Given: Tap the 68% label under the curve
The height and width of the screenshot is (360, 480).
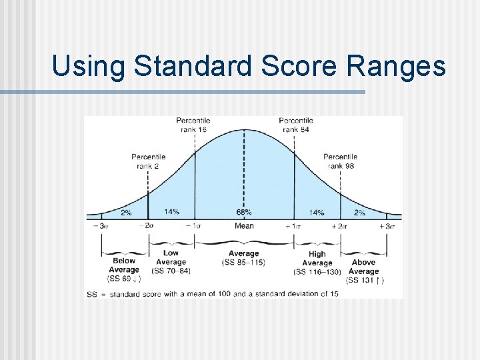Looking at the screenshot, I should click(x=244, y=212).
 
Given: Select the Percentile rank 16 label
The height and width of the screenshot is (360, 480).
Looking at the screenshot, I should click(x=194, y=125).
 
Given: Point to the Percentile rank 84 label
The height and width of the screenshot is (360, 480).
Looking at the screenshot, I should click(x=295, y=125).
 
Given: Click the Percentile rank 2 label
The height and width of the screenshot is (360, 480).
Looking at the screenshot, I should click(x=149, y=161).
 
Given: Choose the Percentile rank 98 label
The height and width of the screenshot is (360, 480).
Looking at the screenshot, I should click(x=340, y=161).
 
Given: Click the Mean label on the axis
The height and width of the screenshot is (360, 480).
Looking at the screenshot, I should click(x=244, y=226).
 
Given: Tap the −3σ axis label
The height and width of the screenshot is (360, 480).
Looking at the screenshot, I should click(x=101, y=226).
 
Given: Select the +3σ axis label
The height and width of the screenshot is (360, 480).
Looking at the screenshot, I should click(x=387, y=226).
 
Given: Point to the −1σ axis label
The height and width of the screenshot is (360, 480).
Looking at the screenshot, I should click(x=194, y=226).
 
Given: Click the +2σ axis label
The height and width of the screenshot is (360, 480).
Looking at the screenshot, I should click(x=340, y=226).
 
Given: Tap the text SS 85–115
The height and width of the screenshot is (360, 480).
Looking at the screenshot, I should click(x=244, y=263).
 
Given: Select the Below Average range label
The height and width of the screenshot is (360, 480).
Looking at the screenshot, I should click(x=124, y=265).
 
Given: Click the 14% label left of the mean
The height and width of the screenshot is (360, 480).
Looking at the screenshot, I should click(x=171, y=212).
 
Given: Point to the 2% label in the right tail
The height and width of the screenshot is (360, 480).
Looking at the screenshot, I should click(x=359, y=213).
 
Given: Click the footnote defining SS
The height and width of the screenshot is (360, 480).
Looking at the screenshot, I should click(x=213, y=293).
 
